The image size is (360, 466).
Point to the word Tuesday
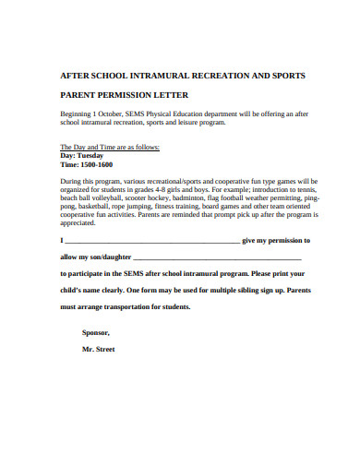(x=90, y=155)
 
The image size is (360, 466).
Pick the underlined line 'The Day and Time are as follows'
(x=110, y=147)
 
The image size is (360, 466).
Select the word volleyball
(x=104, y=197)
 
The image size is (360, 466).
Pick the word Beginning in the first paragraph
(x=79, y=114)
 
